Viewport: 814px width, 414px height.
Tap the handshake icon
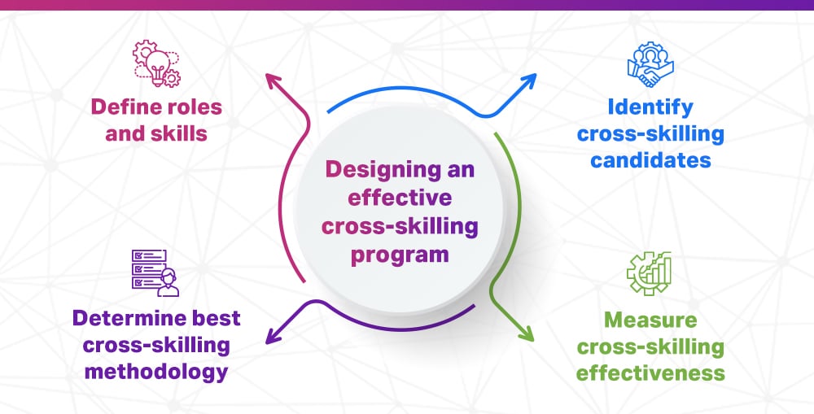click(649, 65)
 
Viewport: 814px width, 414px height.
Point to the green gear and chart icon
click(648, 273)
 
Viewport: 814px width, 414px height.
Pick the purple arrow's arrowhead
click(271, 333)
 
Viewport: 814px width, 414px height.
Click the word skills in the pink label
click(177, 133)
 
